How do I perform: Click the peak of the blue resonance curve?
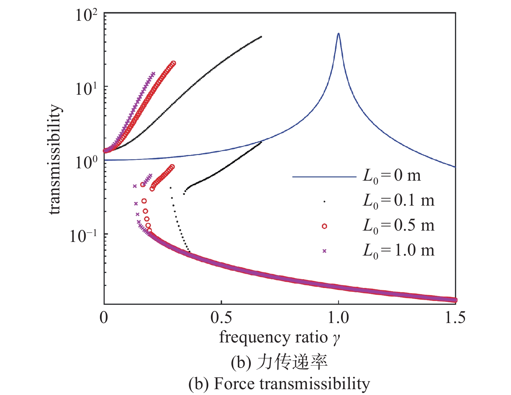(338, 33)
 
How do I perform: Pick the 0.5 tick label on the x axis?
(221, 318)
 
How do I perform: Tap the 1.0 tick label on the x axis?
(338, 318)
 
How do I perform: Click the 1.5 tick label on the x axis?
(455, 318)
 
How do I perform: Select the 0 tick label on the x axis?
(104, 318)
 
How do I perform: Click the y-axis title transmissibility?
(55, 160)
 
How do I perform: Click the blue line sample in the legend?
(324, 177)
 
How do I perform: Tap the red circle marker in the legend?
(324, 226)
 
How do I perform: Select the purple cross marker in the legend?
(324, 251)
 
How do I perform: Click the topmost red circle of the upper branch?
(173, 63)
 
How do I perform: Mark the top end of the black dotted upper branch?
(261, 37)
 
